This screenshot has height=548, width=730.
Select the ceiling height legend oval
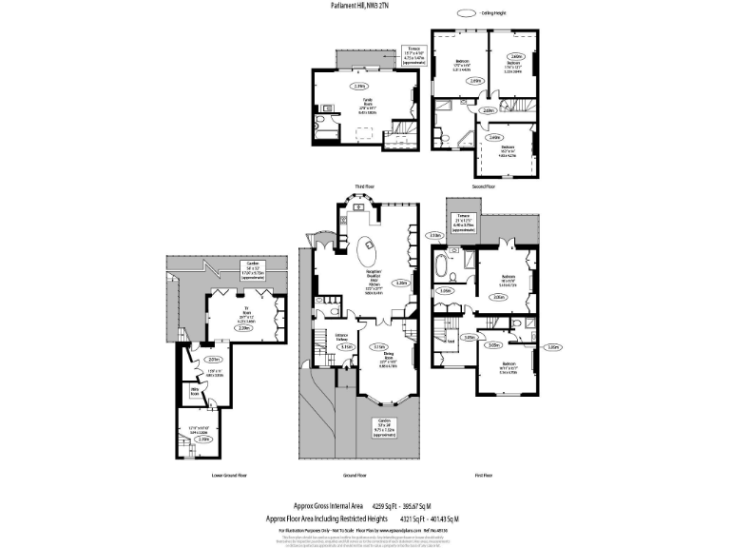[x=466, y=13]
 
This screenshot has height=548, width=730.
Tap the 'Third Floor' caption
[x=365, y=186]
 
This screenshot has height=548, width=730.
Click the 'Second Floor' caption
[x=483, y=186]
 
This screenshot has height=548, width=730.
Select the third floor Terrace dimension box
[x=413, y=53]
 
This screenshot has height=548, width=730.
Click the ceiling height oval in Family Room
[x=359, y=87]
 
